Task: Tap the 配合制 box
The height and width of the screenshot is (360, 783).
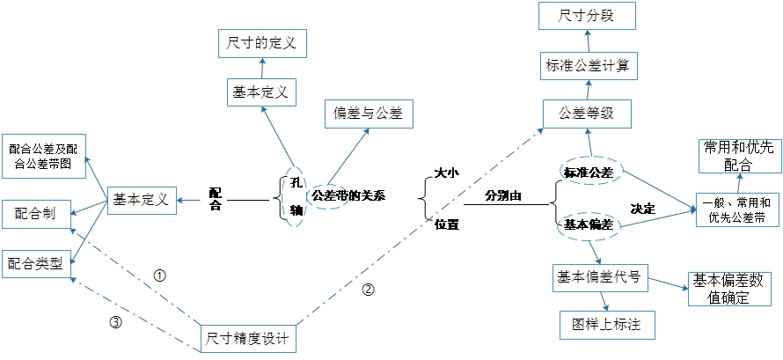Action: coord(36,212)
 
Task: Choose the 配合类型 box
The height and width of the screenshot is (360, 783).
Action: coord(35,261)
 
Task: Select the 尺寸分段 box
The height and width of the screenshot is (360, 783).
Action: coord(586,17)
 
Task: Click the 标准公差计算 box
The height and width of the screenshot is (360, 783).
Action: coord(586,64)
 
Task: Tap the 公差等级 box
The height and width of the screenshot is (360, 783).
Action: coord(586,113)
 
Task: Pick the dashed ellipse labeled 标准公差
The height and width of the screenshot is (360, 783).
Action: coord(589,170)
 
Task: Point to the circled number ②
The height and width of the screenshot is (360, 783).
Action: coord(369,288)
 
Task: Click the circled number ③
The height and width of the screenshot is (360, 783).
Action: coord(114,322)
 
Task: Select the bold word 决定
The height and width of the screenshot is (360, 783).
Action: coord(643,209)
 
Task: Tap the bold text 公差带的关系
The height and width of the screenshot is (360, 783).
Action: coord(349,195)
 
